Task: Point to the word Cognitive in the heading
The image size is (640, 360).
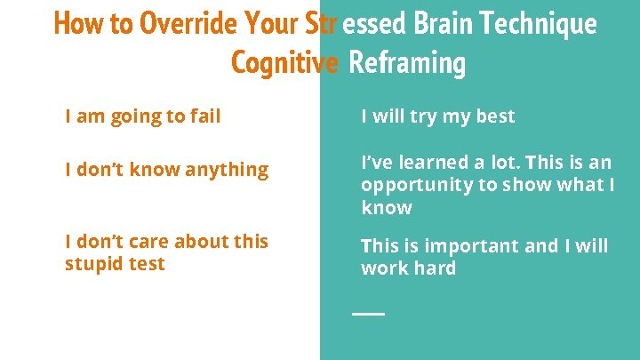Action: point(284,62)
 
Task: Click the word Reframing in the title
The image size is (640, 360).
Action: point(407,62)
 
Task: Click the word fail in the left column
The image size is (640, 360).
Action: point(205,116)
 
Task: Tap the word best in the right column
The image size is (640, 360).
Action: point(494,116)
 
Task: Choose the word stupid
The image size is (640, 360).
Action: point(92,264)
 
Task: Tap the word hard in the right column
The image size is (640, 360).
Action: point(435,268)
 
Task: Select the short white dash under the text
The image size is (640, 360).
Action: point(368,314)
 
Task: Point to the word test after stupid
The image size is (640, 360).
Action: point(144,264)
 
